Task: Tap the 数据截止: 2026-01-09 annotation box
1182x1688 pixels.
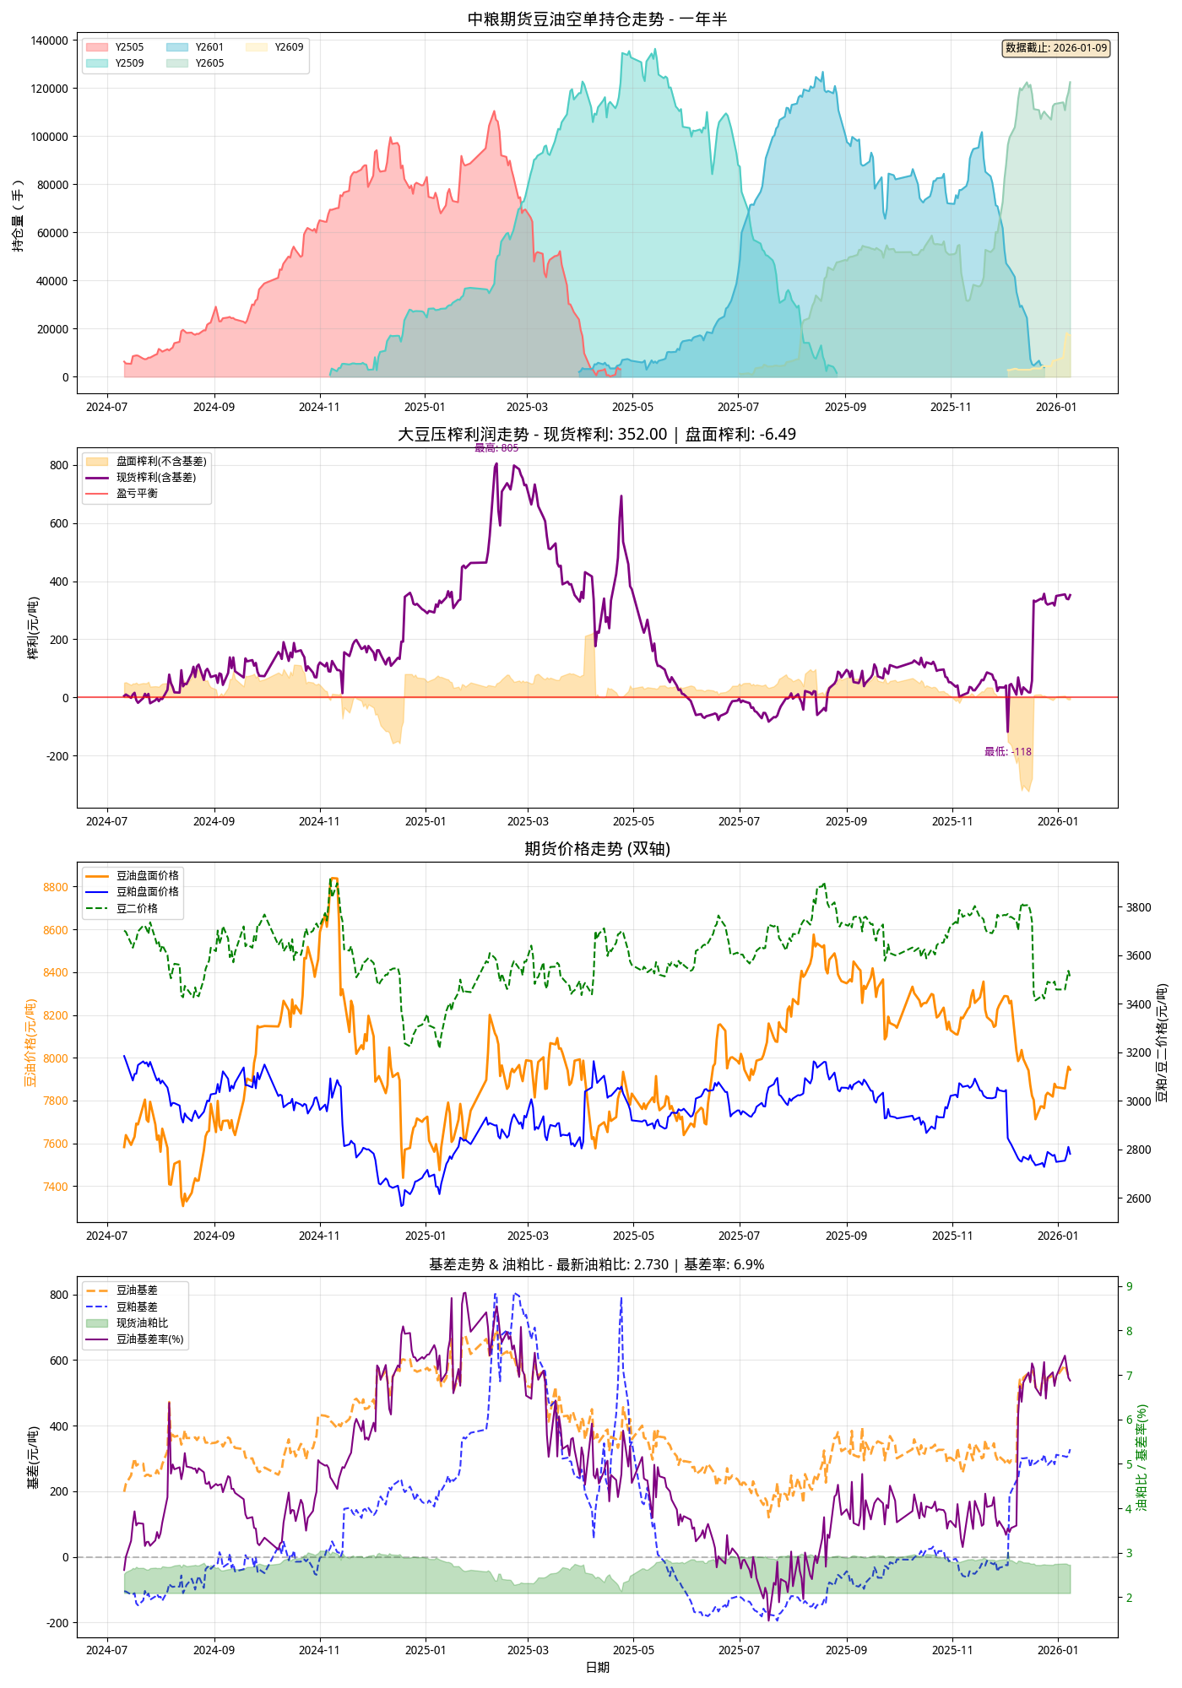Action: pyautogui.click(x=1055, y=48)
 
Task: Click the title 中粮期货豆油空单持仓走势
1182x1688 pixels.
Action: pyautogui.click(x=597, y=19)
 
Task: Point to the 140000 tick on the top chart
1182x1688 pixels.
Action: pyautogui.click(x=49, y=41)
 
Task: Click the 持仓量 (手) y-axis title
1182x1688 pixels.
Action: pyautogui.click(x=18, y=215)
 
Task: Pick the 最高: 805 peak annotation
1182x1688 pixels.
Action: pyautogui.click(x=496, y=448)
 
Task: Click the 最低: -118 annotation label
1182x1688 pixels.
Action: pyautogui.click(x=1007, y=752)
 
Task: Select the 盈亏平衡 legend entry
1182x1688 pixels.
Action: pyautogui.click(x=137, y=494)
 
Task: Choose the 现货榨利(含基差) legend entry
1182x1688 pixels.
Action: pyautogui.click(x=155, y=478)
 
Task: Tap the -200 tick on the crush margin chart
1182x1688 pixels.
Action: pyautogui.click(x=57, y=756)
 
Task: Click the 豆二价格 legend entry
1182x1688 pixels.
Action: pyautogui.click(x=137, y=909)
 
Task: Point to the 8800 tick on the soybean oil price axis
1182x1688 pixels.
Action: pyautogui.click(x=56, y=887)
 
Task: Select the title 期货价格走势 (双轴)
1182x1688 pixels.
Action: pyautogui.click(x=597, y=849)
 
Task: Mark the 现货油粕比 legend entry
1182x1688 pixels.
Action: pyautogui.click(x=142, y=1323)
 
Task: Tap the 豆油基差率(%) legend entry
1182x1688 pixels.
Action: pyautogui.click(x=149, y=1339)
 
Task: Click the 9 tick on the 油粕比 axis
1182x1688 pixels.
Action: pyautogui.click(x=1130, y=1287)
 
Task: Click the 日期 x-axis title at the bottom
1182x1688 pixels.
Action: pyautogui.click(x=597, y=1667)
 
